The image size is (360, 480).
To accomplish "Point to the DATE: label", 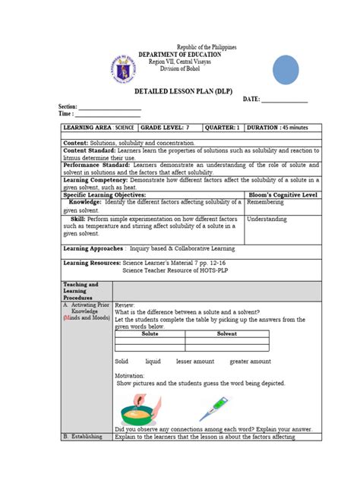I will (x=253, y=99).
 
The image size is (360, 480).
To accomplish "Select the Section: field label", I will (x=69, y=106).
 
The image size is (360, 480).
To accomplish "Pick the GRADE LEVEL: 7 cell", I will (x=165, y=129).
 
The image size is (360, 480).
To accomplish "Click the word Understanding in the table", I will (x=267, y=219).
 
